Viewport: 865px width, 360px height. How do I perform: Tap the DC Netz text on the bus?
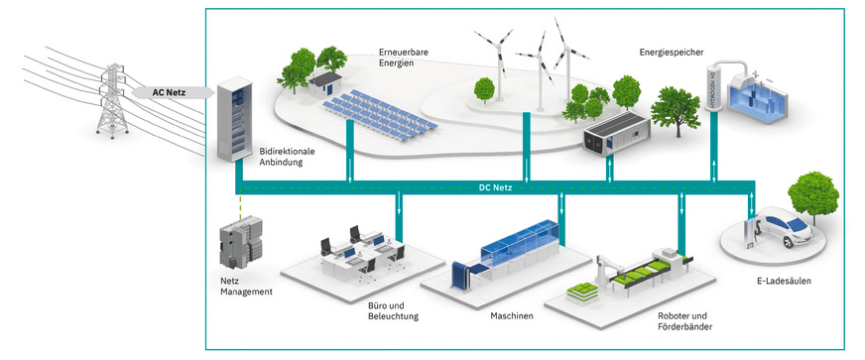(x=493, y=187)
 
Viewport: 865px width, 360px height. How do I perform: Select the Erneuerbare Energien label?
(x=406, y=58)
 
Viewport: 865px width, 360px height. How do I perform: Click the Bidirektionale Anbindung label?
(x=287, y=157)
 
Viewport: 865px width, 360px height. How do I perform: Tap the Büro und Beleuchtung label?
(x=386, y=310)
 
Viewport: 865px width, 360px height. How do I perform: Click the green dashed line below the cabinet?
(x=238, y=209)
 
